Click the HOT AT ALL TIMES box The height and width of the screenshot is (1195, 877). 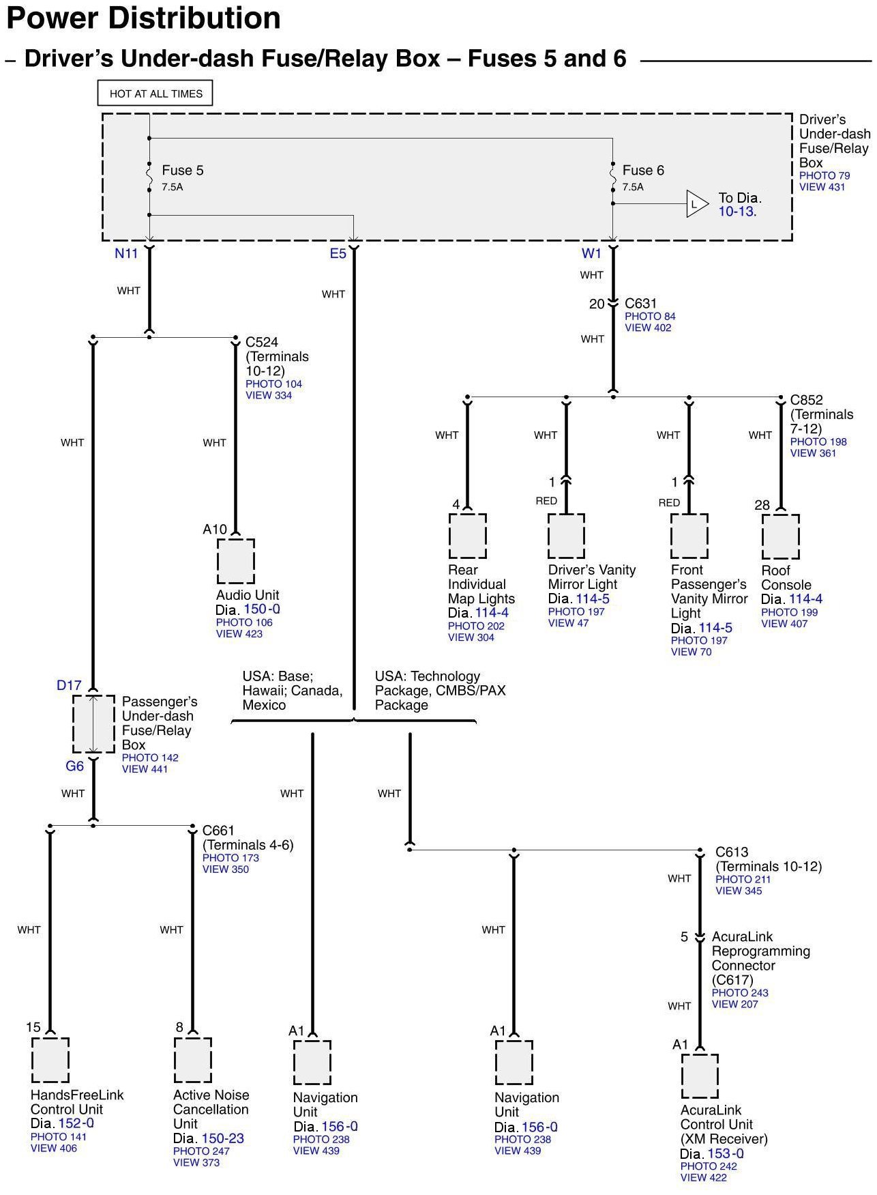pyautogui.click(x=155, y=93)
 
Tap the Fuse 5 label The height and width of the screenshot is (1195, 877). pyautogui.click(x=182, y=171)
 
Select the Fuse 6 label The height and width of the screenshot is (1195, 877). pyautogui.click(x=642, y=171)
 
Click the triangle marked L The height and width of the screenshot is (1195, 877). pyautogui.click(x=696, y=204)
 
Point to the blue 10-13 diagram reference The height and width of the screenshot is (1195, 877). pyautogui.click(x=737, y=212)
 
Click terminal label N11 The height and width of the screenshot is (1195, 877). pyautogui.click(x=126, y=254)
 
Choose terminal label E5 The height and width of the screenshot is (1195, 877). pyautogui.click(x=338, y=254)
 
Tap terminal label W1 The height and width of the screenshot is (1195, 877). pyautogui.click(x=591, y=254)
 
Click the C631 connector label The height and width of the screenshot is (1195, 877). pyautogui.click(x=640, y=304)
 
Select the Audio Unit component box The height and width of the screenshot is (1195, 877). pyautogui.click(x=236, y=561)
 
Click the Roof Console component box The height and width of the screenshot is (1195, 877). pyautogui.click(x=780, y=536)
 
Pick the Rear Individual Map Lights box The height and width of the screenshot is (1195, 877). pyautogui.click(x=467, y=536)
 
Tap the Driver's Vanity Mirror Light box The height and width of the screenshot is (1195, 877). pyautogui.click(x=566, y=536)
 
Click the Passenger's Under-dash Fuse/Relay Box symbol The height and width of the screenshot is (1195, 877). pyautogui.click(x=93, y=724)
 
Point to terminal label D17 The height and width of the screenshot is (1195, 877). pyautogui.click(x=69, y=685)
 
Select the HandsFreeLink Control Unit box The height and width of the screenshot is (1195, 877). pyautogui.click(x=50, y=1061)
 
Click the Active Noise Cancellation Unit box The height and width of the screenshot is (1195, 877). pyautogui.click(x=193, y=1061)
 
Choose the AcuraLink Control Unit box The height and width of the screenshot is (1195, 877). pyautogui.click(x=700, y=1077)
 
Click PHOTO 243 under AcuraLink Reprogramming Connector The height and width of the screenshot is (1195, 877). pyautogui.click(x=740, y=993)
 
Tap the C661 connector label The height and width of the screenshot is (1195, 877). pyautogui.click(x=218, y=831)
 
